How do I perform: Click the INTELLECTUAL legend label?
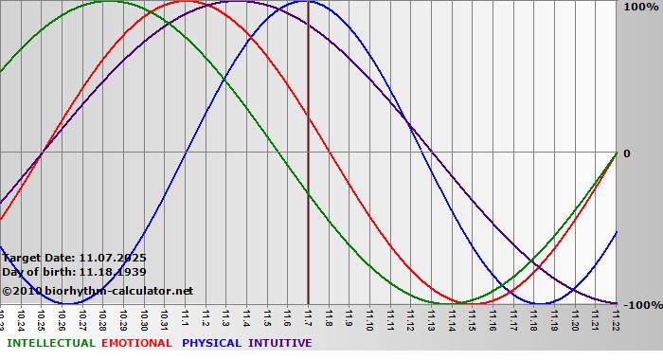(50, 343)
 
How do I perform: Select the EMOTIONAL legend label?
(136, 343)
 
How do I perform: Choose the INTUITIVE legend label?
(279, 343)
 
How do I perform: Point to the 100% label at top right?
(639, 7)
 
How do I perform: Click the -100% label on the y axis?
(637, 305)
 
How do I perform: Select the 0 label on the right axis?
(626, 153)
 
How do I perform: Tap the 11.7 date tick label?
(308, 315)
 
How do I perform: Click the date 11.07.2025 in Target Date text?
(113, 258)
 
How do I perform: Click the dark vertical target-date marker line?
(308, 189)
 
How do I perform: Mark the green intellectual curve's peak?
(109, 2)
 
